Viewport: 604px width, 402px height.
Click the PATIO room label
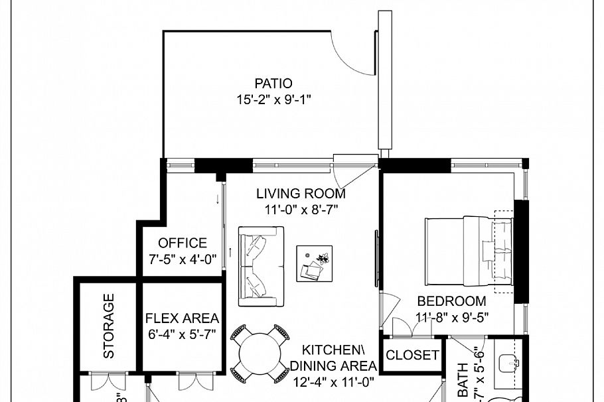pos(273,84)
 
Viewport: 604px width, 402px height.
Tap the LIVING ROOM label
pos(301,194)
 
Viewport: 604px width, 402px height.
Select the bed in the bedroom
pos(469,252)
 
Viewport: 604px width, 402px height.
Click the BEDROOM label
pos(451,301)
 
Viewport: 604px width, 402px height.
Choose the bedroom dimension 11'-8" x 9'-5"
pos(451,317)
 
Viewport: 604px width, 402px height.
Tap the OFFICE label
pos(183,243)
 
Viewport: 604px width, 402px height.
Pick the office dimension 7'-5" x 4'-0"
pos(183,259)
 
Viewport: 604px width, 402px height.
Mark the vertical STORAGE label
pos(109,326)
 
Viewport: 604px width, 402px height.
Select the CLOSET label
pos(412,355)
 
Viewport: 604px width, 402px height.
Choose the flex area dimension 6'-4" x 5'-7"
pos(182,334)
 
